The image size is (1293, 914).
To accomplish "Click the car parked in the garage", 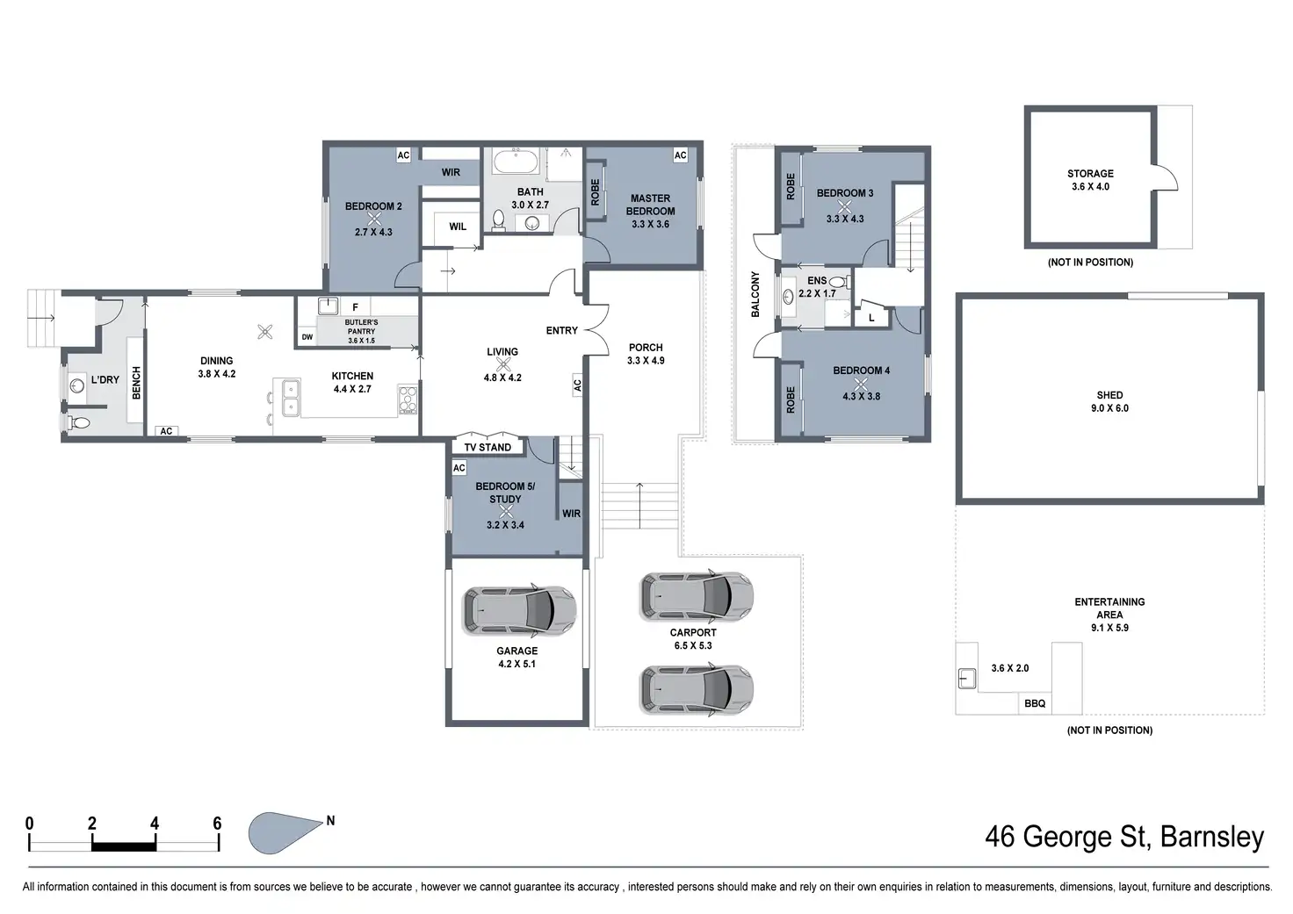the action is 519,611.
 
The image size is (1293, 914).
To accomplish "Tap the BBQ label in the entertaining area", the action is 1035,703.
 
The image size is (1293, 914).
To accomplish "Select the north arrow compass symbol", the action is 285,832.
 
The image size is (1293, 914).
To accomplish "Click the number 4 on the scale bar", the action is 155,823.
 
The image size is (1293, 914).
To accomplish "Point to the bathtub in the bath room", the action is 516,162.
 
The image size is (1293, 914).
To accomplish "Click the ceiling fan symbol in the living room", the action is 503,364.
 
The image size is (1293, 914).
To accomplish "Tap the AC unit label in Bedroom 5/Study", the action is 459,468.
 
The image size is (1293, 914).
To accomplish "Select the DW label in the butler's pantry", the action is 307,337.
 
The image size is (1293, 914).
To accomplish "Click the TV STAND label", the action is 488,447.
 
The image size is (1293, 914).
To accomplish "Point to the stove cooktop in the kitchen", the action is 408,399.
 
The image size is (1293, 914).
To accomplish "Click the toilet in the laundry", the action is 78,423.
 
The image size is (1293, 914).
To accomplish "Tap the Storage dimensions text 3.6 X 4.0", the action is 1090,186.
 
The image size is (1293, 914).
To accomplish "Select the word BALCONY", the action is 755,294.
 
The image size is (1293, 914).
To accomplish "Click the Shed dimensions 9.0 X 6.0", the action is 1109,408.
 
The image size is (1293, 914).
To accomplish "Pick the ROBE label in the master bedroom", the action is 596,192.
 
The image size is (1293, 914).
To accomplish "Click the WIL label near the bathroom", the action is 458,227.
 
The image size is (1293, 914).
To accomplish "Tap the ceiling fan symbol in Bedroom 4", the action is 860,384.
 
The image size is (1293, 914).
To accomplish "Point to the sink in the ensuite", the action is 788,297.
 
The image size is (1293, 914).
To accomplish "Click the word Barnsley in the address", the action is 1211,838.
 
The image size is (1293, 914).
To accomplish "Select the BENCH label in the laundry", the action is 136,383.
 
